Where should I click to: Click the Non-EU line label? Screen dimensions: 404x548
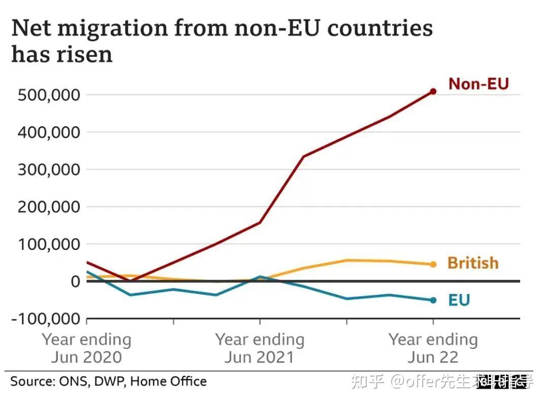[x=478, y=84]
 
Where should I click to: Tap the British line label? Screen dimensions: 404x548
[x=473, y=263]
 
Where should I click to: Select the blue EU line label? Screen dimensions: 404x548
[x=459, y=300]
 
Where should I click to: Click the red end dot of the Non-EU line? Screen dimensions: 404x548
[x=433, y=91]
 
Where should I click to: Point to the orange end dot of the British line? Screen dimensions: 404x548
[x=433, y=264]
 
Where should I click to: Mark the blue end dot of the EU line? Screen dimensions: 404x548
[x=433, y=300]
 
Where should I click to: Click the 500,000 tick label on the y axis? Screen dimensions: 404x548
[x=49, y=95]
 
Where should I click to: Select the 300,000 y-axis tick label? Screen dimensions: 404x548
[x=49, y=169]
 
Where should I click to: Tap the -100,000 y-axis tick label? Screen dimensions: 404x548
[x=45, y=319]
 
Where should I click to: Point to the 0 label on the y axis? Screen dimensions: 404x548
[x=75, y=281]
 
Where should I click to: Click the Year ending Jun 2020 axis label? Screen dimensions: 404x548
[x=86, y=348]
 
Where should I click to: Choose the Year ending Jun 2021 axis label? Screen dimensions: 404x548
[x=259, y=348]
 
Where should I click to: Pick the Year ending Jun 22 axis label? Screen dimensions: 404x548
[x=433, y=348]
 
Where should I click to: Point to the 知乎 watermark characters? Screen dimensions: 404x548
[x=368, y=382]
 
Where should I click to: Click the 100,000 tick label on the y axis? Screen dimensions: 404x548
[x=49, y=244]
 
